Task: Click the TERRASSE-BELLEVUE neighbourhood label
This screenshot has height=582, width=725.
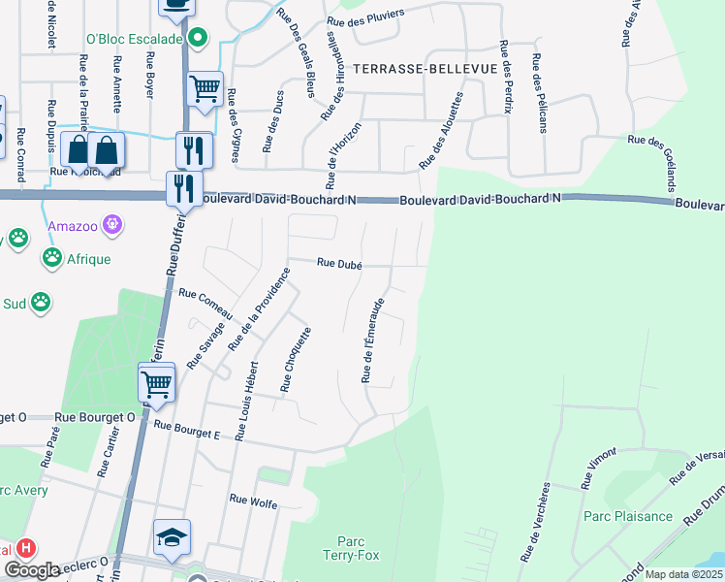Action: [x=425, y=69]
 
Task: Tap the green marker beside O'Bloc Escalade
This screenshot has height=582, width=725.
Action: [x=198, y=40]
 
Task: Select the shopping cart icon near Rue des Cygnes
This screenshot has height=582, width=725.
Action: [x=205, y=89]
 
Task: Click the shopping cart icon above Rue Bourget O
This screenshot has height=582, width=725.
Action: [x=155, y=383]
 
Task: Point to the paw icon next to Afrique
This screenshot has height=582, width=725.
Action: [x=51, y=259]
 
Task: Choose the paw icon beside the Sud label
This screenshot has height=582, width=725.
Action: [x=41, y=303]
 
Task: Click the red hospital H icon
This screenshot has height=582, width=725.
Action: [x=26, y=548]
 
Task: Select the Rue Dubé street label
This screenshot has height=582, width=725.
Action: [x=339, y=263]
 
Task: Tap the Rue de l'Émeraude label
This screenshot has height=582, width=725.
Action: [x=373, y=340]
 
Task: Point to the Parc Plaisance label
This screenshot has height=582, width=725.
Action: [x=628, y=517]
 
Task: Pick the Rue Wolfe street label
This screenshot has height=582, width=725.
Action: [x=253, y=501]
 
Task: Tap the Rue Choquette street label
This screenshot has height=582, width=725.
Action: [x=296, y=360]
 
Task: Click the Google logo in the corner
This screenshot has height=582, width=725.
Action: [x=32, y=570]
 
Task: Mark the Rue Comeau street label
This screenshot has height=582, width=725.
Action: [x=206, y=307]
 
